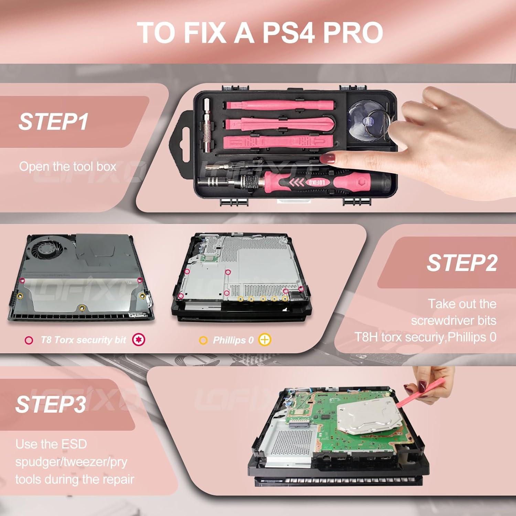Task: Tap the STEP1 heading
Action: pyautogui.click(x=53, y=121)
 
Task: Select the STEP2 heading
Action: pyautogui.click(x=462, y=263)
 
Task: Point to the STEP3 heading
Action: pyautogui.click(x=51, y=404)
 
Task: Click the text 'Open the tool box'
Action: pyautogui.click(x=68, y=166)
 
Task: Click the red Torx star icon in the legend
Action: pyautogui.click(x=139, y=340)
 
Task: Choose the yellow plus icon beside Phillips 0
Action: pyautogui.click(x=265, y=340)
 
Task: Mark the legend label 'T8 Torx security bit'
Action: pyautogui.click(x=83, y=340)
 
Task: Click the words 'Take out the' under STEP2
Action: pyautogui.click(x=462, y=304)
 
